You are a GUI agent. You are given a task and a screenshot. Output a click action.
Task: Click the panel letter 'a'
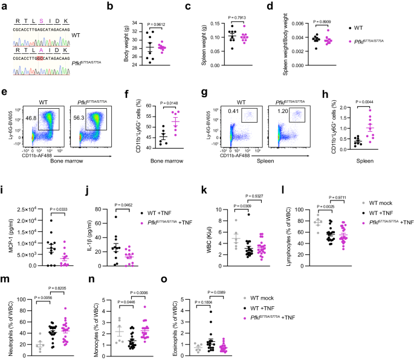click(4, 7)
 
